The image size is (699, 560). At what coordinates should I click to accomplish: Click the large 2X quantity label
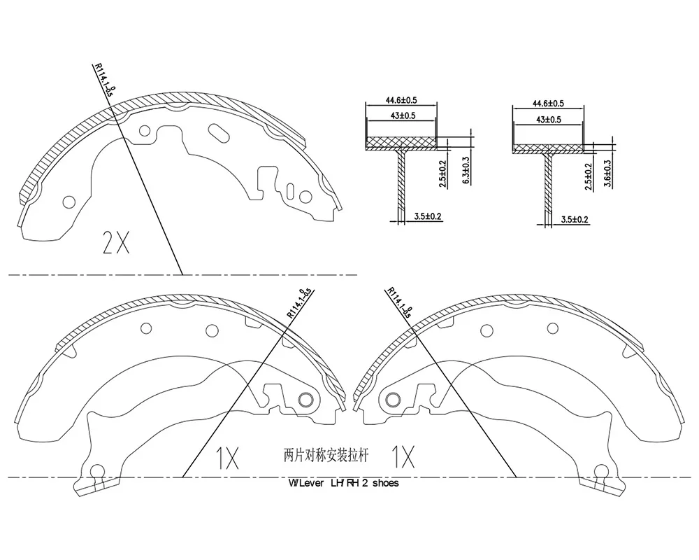[x=116, y=242]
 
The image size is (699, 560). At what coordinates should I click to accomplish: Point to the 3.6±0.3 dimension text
[x=607, y=174]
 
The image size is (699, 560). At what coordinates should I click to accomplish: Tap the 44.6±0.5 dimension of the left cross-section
[x=401, y=100]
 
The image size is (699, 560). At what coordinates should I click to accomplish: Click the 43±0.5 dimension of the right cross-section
[x=548, y=120]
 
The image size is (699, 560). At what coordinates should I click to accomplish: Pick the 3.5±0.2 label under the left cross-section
[x=428, y=216]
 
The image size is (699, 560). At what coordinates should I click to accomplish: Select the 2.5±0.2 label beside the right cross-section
[x=589, y=177]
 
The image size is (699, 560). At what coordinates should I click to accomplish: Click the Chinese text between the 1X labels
[x=326, y=456]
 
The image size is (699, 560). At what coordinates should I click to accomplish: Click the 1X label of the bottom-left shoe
[x=227, y=458]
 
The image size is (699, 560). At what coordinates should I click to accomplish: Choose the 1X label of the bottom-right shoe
[x=403, y=456]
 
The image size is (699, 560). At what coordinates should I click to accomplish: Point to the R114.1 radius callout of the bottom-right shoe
[x=399, y=302]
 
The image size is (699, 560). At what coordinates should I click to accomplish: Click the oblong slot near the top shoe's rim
[x=218, y=132]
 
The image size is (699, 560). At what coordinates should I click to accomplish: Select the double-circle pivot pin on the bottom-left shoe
[x=306, y=399]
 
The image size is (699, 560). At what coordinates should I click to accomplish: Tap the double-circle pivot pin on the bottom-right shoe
[x=393, y=399]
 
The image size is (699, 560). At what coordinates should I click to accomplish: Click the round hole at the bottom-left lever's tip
[x=96, y=471]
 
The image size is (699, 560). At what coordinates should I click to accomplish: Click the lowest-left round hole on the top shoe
[x=69, y=202]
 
